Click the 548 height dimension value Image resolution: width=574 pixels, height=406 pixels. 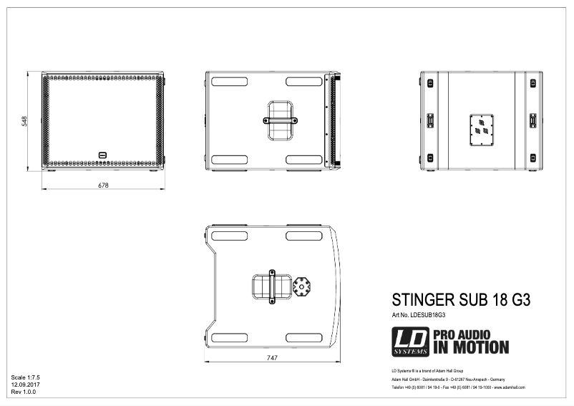[24, 122]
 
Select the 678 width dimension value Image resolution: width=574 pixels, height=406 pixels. [103, 185]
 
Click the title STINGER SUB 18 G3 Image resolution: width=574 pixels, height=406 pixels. [461, 300]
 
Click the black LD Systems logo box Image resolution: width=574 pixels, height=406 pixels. [410, 342]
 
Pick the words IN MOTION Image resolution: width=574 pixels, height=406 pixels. [470, 348]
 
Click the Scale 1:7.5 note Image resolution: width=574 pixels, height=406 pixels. [25, 377]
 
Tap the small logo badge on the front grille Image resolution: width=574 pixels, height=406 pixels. [102, 153]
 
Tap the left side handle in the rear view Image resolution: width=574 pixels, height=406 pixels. [431, 121]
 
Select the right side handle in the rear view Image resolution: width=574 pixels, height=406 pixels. [532, 121]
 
